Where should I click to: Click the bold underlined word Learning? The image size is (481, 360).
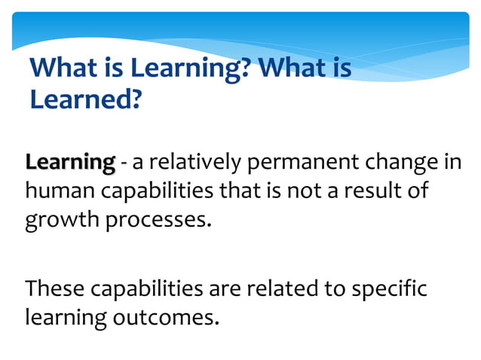coord(70,162)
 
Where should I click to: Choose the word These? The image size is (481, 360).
coord(54,288)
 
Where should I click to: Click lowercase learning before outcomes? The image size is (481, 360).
coord(66,318)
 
